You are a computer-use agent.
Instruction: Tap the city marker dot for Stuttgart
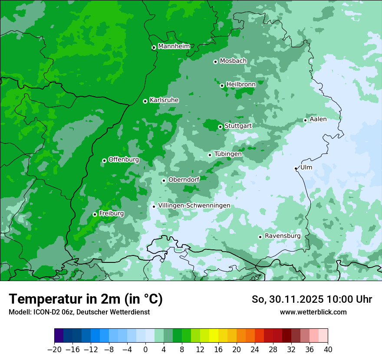(221, 127)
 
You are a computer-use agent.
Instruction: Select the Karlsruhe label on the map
(164, 100)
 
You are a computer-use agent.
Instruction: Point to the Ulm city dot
(296, 168)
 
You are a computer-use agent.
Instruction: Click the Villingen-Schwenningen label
(194, 206)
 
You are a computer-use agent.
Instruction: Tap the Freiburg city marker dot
(95, 214)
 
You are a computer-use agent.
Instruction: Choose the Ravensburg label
(283, 236)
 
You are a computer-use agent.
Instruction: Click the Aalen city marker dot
(305, 120)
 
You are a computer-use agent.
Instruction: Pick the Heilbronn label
(241, 85)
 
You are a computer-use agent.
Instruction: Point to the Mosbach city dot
(215, 62)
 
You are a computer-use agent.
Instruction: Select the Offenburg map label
(124, 160)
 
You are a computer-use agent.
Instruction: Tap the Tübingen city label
(228, 154)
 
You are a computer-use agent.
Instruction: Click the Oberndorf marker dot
(164, 180)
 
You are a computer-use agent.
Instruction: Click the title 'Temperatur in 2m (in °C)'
(86, 299)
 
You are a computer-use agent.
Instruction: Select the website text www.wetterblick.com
(313, 312)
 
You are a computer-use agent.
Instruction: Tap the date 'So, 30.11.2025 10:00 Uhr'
(312, 299)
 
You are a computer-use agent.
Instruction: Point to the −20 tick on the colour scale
(54, 350)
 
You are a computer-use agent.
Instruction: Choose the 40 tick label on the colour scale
(328, 350)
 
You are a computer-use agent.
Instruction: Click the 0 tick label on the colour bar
(145, 350)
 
